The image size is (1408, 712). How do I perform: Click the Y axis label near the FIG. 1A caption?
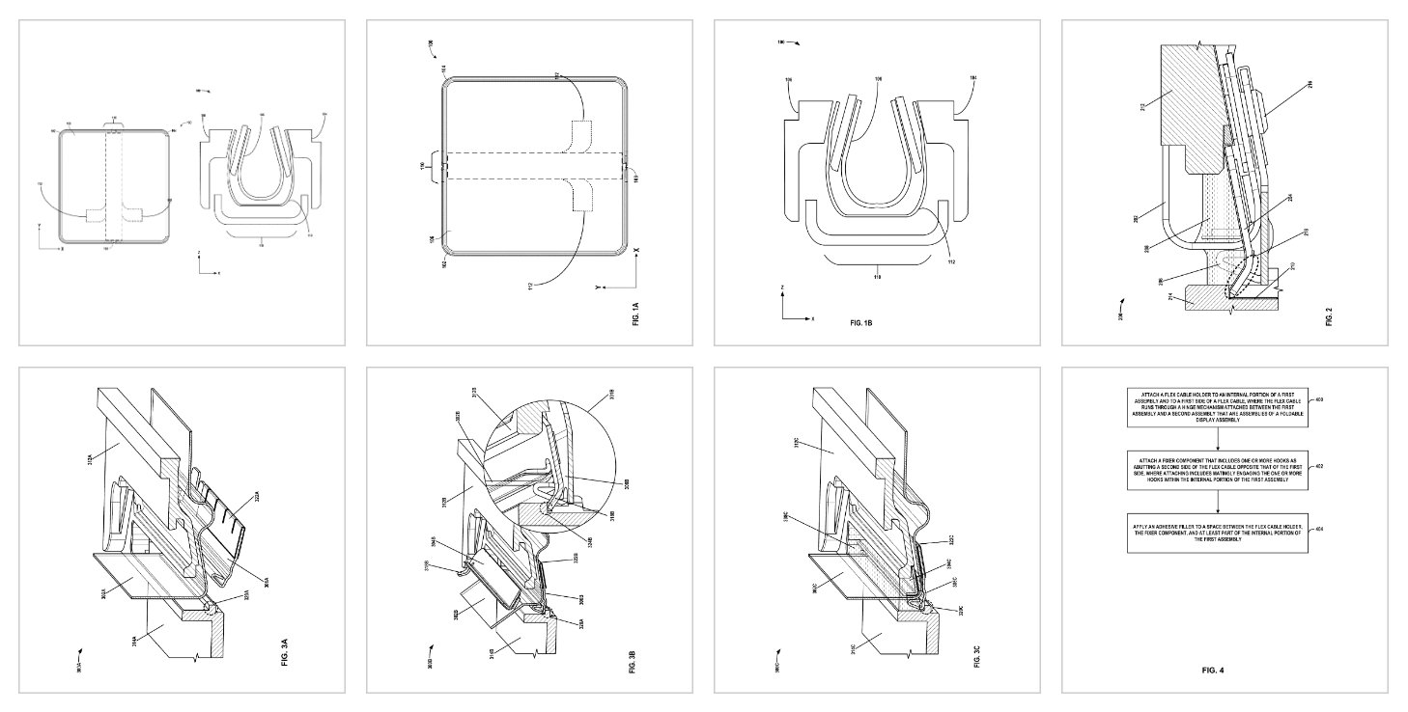599,287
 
